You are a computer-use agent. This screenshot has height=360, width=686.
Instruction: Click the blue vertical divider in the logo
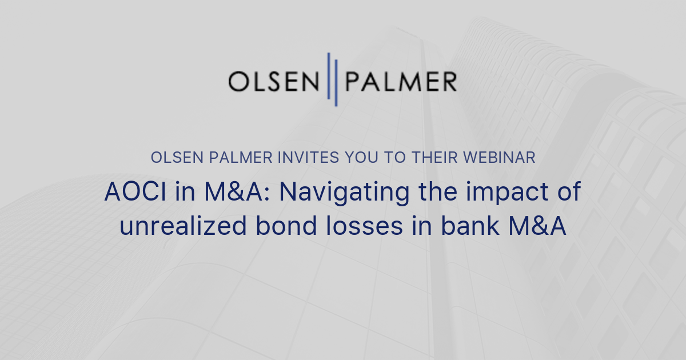click(332, 79)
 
